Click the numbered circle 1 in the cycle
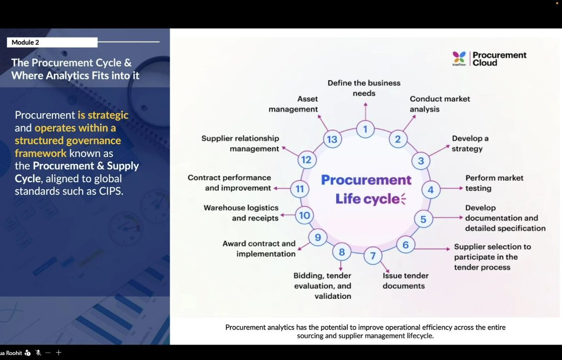point(365,128)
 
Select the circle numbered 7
point(373,256)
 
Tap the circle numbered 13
point(332,140)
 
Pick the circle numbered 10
point(304,215)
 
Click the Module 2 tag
point(52,43)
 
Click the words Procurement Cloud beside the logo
point(499,59)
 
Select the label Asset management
point(308,104)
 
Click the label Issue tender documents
point(405,281)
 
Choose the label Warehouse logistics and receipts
point(241,213)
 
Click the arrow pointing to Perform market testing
point(451,189)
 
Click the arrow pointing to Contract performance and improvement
point(282,188)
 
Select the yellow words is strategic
point(103,115)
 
